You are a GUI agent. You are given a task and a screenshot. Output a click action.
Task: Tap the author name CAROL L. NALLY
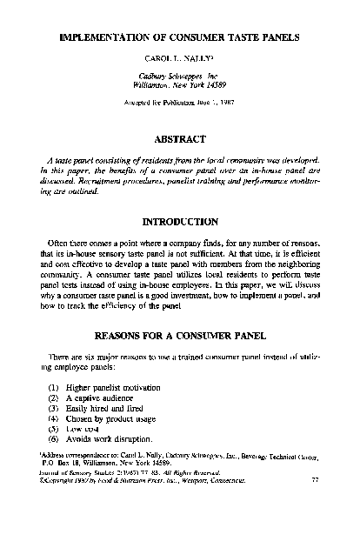coord(178,64)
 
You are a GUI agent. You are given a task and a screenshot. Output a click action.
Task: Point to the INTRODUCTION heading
coord(179,222)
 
